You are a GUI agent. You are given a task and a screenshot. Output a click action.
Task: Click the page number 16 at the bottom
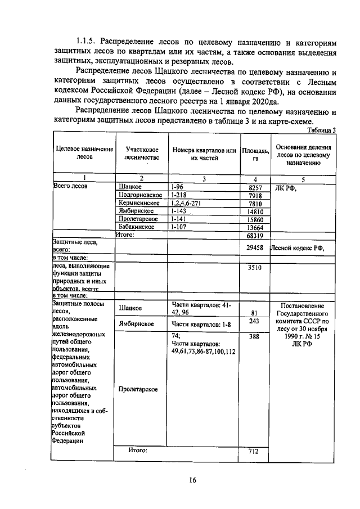192,480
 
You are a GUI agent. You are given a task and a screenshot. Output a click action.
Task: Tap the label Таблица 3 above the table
321,130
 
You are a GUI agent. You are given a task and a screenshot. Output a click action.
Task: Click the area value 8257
256,187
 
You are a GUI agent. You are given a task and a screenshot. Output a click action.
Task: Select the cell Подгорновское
141,195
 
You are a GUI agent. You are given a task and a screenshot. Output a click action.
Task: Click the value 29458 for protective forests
255,247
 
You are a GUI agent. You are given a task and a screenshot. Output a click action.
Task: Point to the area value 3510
255,268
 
